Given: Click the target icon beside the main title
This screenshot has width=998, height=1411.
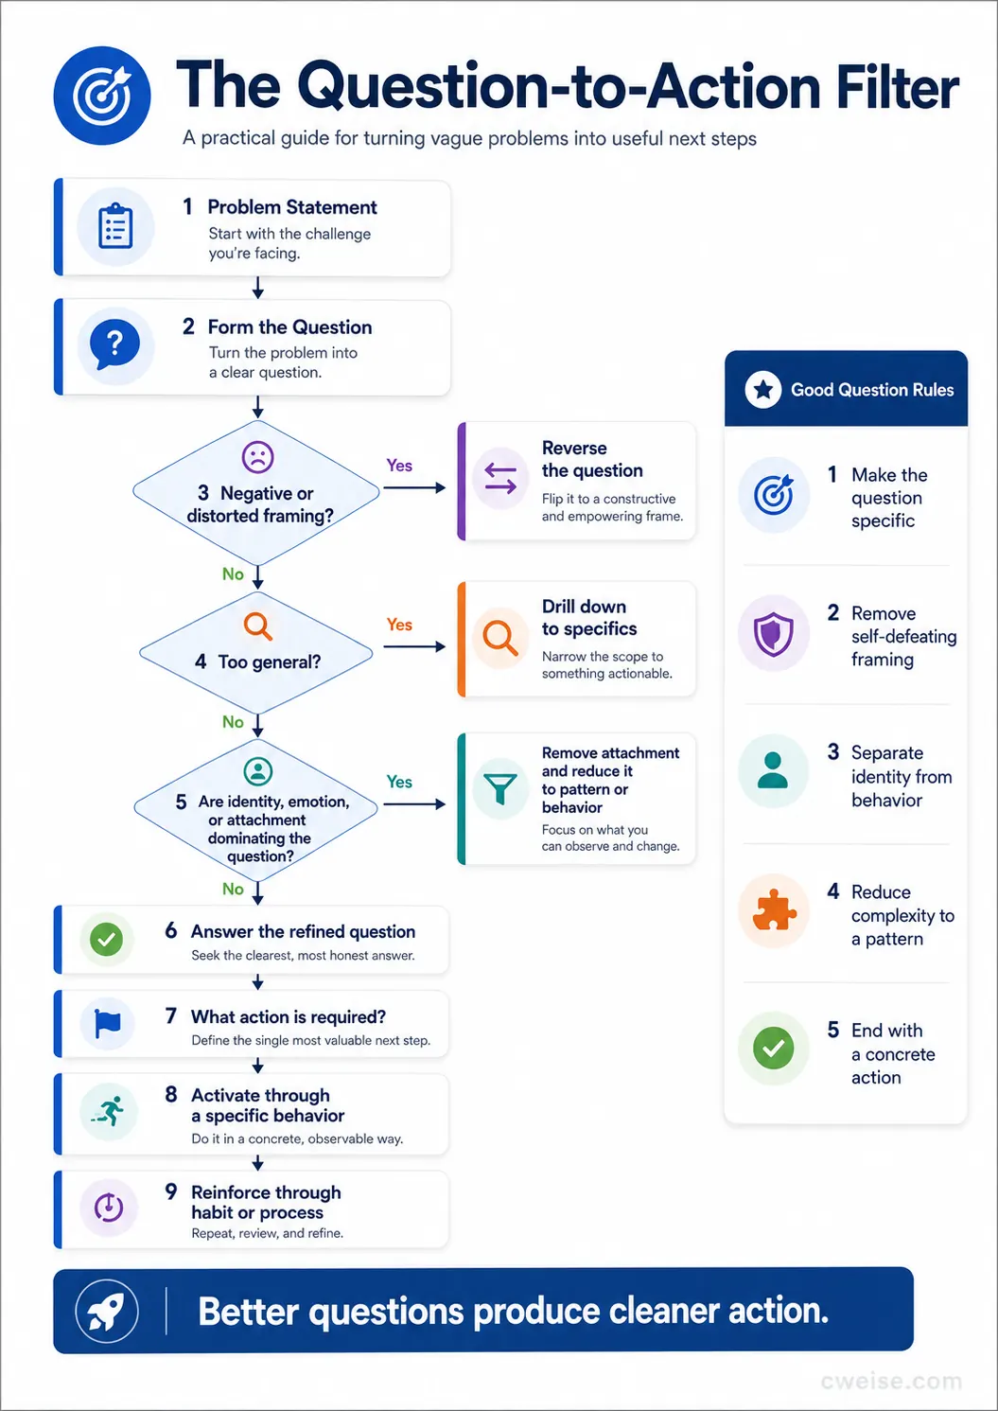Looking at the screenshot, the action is click(102, 96).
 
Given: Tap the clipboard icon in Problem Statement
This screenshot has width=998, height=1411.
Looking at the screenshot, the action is click(115, 225).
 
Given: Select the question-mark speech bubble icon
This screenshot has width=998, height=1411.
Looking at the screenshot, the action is click(114, 344).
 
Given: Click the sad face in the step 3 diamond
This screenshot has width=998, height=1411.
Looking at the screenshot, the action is click(258, 457).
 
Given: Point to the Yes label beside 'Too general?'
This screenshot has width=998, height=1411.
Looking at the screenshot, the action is click(399, 625).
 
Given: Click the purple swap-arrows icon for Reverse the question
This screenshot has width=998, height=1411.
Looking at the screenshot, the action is click(500, 479).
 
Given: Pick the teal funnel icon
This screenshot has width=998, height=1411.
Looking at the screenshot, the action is click(500, 788).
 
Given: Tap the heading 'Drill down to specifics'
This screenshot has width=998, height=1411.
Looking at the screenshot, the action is click(589, 617).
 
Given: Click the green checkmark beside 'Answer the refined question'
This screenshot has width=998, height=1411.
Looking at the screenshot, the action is click(106, 939).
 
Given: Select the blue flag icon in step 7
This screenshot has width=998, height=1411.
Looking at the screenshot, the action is click(107, 1023).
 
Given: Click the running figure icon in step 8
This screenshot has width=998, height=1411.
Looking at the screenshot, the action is click(108, 1110).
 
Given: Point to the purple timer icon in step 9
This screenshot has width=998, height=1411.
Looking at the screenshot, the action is click(109, 1207).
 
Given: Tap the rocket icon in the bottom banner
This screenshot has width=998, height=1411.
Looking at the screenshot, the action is click(106, 1311).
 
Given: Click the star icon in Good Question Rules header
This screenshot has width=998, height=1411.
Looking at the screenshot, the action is click(763, 389).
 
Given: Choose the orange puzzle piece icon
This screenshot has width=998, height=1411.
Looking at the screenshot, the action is click(773, 910).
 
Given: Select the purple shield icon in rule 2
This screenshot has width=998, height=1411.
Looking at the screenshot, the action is click(773, 633).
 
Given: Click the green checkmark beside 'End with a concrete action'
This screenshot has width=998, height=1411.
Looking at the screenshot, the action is click(773, 1048).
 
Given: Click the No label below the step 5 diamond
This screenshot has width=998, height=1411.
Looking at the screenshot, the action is click(233, 889).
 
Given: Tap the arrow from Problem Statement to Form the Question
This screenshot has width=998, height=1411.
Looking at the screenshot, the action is click(257, 288).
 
